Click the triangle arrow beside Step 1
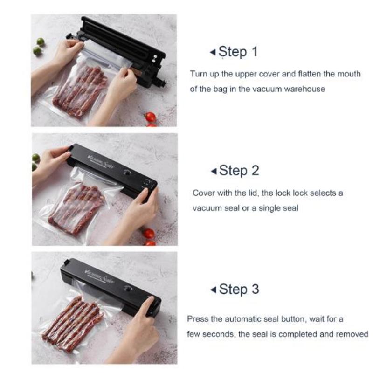(x=213, y=52)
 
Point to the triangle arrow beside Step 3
(x=214, y=290)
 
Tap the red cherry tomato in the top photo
(x=150, y=117)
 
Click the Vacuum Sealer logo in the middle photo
(x=101, y=161)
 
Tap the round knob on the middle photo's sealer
(x=128, y=173)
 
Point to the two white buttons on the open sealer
(x=155, y=59)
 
